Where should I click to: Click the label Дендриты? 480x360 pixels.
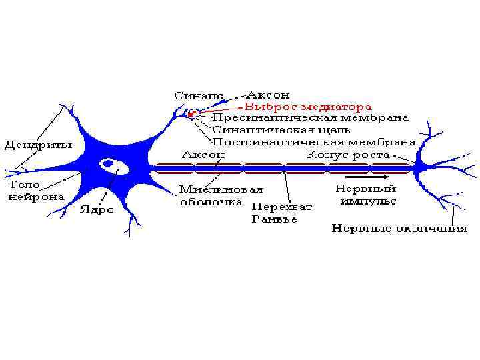[39, 144]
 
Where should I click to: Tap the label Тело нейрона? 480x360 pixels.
[36, 190]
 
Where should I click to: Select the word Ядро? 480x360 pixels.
[97, 209]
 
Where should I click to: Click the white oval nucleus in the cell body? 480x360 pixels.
[108, 163]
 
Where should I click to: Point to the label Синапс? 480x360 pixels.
[199, 95]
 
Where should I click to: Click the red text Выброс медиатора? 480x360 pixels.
[309, 106]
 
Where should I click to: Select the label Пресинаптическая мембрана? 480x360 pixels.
[311, 118]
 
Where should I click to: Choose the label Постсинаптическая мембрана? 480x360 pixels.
[314, 142]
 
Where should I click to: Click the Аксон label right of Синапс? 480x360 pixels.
[268, 95]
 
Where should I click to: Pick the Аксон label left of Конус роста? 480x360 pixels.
[203, 154]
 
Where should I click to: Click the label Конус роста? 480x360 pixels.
[349, 154]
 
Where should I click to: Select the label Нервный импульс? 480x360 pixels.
[367, 195]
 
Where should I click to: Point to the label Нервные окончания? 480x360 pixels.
[400, 229]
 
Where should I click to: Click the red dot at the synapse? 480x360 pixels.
[193, 113]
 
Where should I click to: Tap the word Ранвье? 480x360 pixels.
[274, 219]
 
